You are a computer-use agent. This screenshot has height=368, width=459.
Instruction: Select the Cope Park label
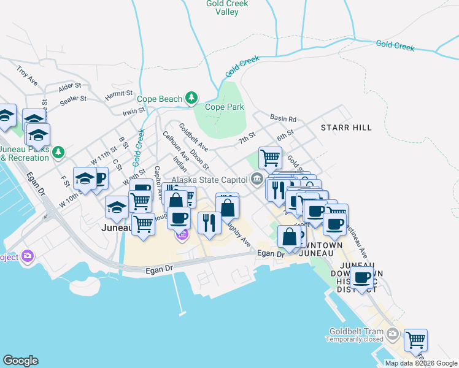(x=224, y=107)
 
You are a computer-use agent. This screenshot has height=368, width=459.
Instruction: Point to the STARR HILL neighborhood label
(x=345, y=127)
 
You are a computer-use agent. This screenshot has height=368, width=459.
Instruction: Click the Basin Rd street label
(x=283, y=118)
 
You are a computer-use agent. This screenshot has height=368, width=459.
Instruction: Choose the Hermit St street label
(x=118, y=94)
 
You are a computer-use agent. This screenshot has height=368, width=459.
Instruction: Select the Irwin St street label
(x=133, y=111)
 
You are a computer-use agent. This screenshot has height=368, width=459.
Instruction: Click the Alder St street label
(x=70, y=86)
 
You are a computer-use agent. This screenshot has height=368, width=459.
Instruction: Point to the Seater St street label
(x=73, y=99)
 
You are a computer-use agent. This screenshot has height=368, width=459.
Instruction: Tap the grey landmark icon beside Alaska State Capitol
(x=256, y=179)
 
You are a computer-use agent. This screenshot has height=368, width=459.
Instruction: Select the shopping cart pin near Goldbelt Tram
(x=416, y=339)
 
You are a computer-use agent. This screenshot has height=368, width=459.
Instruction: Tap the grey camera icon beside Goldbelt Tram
(x=393, y=335)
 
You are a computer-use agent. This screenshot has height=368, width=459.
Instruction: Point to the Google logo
(x=20, y=361)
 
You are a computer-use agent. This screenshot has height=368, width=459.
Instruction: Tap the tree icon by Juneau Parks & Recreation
(x=58, y=151)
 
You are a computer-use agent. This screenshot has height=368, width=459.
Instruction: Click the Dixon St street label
(x=199, y=158)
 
